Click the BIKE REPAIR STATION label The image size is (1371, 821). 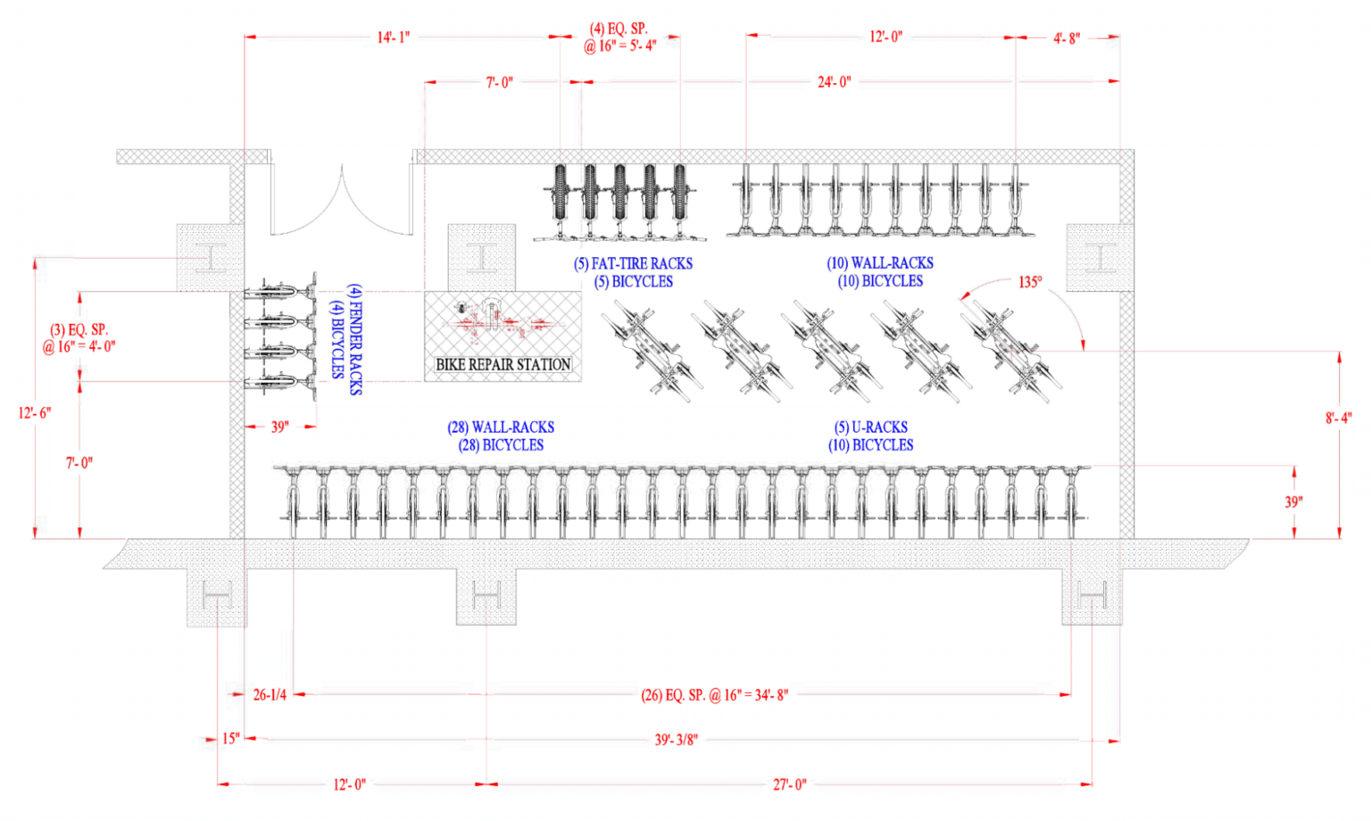point(503,364)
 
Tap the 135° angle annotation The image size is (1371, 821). point(1029,282)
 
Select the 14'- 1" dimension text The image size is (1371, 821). point(393,37)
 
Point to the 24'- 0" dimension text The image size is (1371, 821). point(834,82)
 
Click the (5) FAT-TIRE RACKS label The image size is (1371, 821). point(633,263)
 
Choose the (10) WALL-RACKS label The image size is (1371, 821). point(879,263)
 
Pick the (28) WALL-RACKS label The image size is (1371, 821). point(501,427)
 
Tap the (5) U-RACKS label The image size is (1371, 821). point(870,427)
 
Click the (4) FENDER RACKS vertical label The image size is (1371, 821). point(354,339)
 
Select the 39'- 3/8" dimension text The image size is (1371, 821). point(676,740)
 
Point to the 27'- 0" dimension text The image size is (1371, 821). point(789,784)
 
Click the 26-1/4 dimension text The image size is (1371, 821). point(270,694)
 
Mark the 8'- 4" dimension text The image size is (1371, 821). point(1338,418)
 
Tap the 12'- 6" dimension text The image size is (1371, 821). point(35,412)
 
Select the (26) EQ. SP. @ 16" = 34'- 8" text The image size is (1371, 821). point(714,694)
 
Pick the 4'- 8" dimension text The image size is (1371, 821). point(1066,37)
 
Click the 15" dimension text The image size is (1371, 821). point(231,739)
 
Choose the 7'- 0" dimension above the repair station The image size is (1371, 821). point(499,82)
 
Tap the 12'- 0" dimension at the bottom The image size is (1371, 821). point(349,784)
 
